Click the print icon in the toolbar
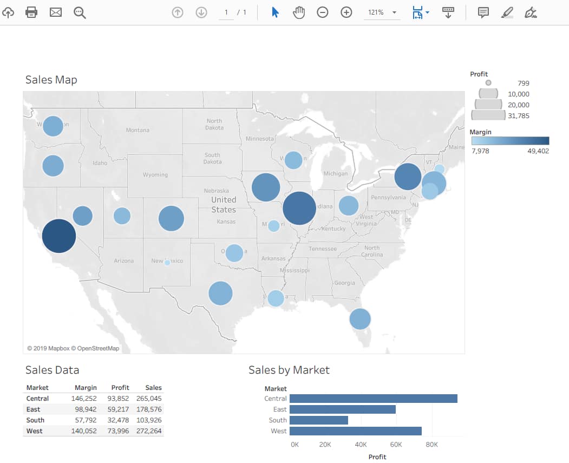[x=31, y=12]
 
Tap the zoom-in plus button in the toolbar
[x=346, y=12]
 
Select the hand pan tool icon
[x=299, y=12]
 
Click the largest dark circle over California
[x=59, y=236]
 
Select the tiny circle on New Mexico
[x=167, y=263]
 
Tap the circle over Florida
[x=360, y=319]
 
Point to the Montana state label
[x=138, y=130]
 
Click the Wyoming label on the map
[x=155, y=175]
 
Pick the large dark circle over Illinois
[x=299, y=208]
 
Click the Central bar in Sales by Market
[x=373, y=399]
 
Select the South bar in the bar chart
[x=318, y=420]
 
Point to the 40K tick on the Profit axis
[x=361, y=445]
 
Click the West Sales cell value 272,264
[x=149, y=431]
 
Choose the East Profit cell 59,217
[x=120, y=409]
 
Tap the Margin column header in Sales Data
[x=86, y=388]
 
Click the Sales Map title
[x=51, y=80]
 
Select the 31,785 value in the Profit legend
[x=519, y=116]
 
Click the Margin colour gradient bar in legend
[x=510, y=141]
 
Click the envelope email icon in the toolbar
[x=56, y=12]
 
